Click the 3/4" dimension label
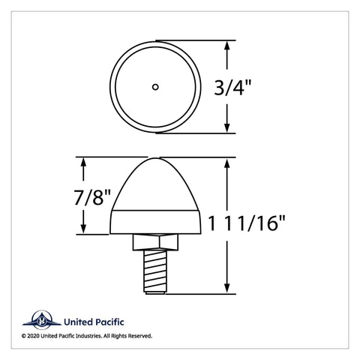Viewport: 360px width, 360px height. pos(232,87)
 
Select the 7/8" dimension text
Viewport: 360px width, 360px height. pos(92,197)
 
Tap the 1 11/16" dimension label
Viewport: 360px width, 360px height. pos(247,223)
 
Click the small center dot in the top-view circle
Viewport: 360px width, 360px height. pos(155,87)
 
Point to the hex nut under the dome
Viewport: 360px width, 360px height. pos(155,242)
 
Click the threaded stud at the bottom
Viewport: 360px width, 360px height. pos(155,271)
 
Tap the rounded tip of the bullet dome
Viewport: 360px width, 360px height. pos(155,159)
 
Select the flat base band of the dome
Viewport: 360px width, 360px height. pos(155,222)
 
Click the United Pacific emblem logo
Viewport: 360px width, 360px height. pos(42,320)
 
